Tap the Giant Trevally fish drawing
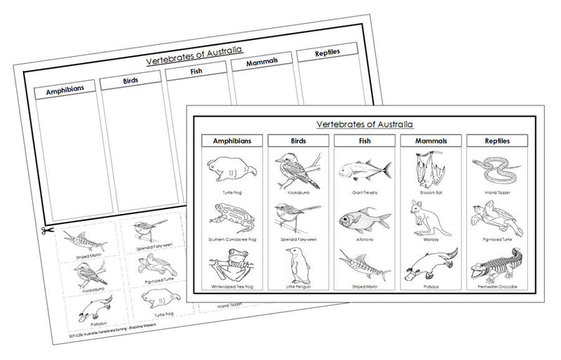coord(364,171)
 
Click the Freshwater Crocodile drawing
coord(496,266)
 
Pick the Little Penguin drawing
coord(297,266)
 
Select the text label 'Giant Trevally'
coord(364,191)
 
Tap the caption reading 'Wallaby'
coord(430,239)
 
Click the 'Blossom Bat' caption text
coord(430,191)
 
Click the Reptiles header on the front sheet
coord(496,140)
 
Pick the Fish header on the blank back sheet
coord(196,70)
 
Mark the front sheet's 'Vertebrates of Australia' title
coord(365,124)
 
